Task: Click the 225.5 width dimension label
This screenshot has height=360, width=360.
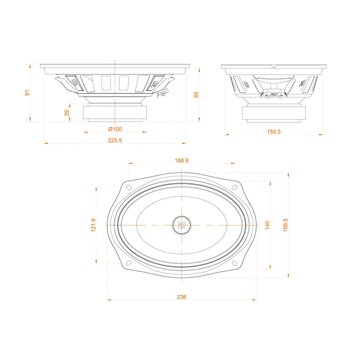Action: click(116, 141)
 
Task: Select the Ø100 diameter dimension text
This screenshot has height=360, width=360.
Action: click(116, 129)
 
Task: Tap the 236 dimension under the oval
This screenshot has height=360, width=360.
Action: click(181, 297)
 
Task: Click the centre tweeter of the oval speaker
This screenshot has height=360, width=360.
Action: click(182, 224)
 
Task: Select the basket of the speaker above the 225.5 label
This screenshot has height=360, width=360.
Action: click(116, 82)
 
